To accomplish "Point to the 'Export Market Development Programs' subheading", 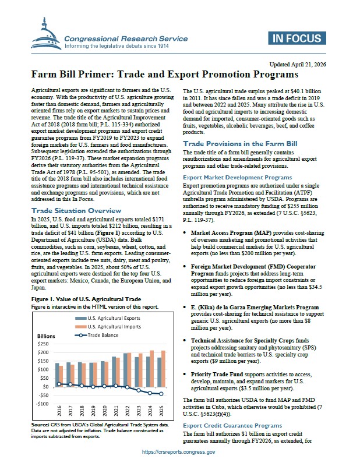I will tap(238, 176).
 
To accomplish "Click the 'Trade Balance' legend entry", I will tap(102, 335).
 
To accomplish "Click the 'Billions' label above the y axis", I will tap(46, 337).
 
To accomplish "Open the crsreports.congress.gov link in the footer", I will tap(179, 452).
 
